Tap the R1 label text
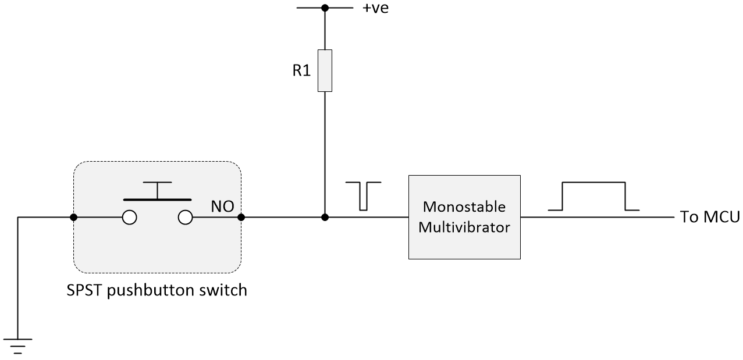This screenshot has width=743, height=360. [301, 70]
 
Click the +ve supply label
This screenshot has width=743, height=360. [375, 8]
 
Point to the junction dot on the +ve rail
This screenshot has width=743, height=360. [325, 8]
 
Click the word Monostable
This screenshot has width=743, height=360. [464, 207]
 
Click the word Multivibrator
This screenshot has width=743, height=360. [464, 227]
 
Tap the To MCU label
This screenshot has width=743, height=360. [710, 217]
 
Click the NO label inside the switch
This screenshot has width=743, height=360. [222, 207]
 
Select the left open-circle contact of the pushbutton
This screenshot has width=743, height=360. [129, 218]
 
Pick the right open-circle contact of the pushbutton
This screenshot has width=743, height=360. [185, 218]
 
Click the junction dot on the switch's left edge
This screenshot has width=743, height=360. [74, 218]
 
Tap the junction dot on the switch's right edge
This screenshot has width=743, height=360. [241, 218]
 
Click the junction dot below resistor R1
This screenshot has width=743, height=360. [325, 218]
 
